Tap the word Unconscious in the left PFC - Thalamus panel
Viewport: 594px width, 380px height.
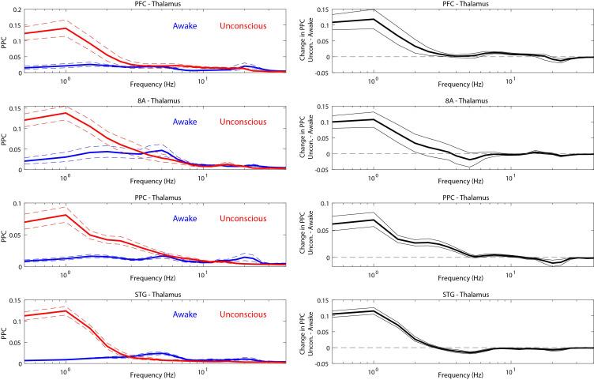pyautogui.click(x=243, y=25)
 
